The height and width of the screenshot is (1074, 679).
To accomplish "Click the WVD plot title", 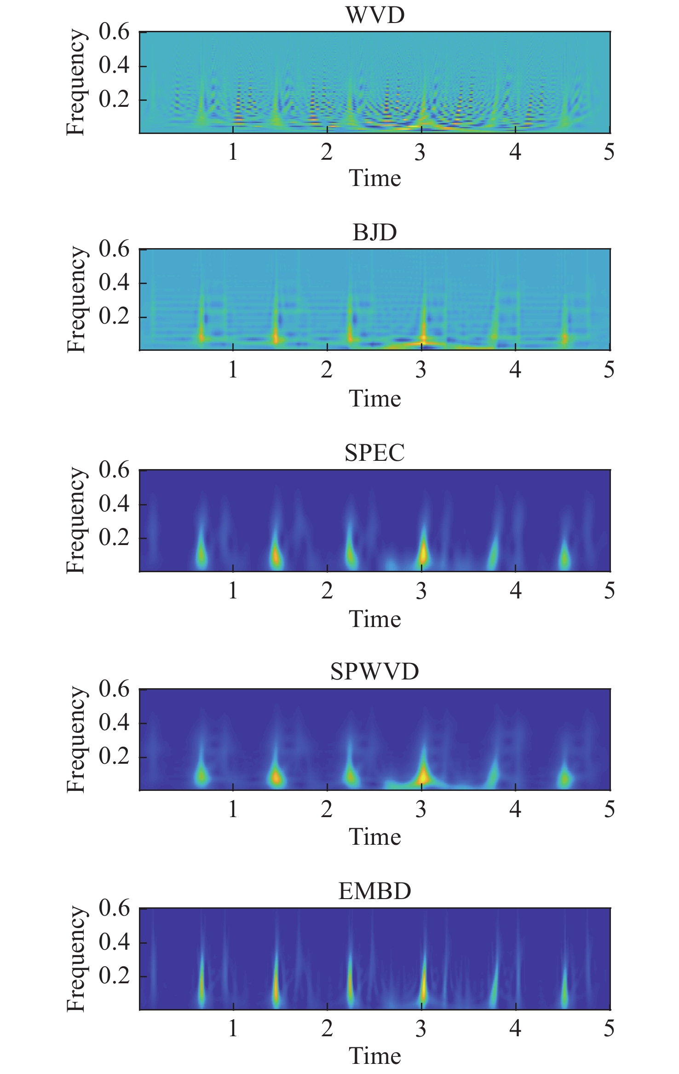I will [374, 15].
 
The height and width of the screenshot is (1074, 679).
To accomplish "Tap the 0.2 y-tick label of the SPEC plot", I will [114, 538].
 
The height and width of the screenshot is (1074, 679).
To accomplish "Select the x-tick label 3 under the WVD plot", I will [420, 152].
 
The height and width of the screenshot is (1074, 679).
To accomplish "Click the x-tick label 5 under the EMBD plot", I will [609, 1028].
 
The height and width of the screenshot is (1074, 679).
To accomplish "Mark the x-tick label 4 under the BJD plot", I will [515, 369].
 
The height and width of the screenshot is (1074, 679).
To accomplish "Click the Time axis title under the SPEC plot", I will [374, 619].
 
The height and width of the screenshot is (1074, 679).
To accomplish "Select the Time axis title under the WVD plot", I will [374, 178].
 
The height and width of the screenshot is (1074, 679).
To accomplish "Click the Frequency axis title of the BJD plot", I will [76, 300].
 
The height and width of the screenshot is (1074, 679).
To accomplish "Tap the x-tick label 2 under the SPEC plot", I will [327, 591].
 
